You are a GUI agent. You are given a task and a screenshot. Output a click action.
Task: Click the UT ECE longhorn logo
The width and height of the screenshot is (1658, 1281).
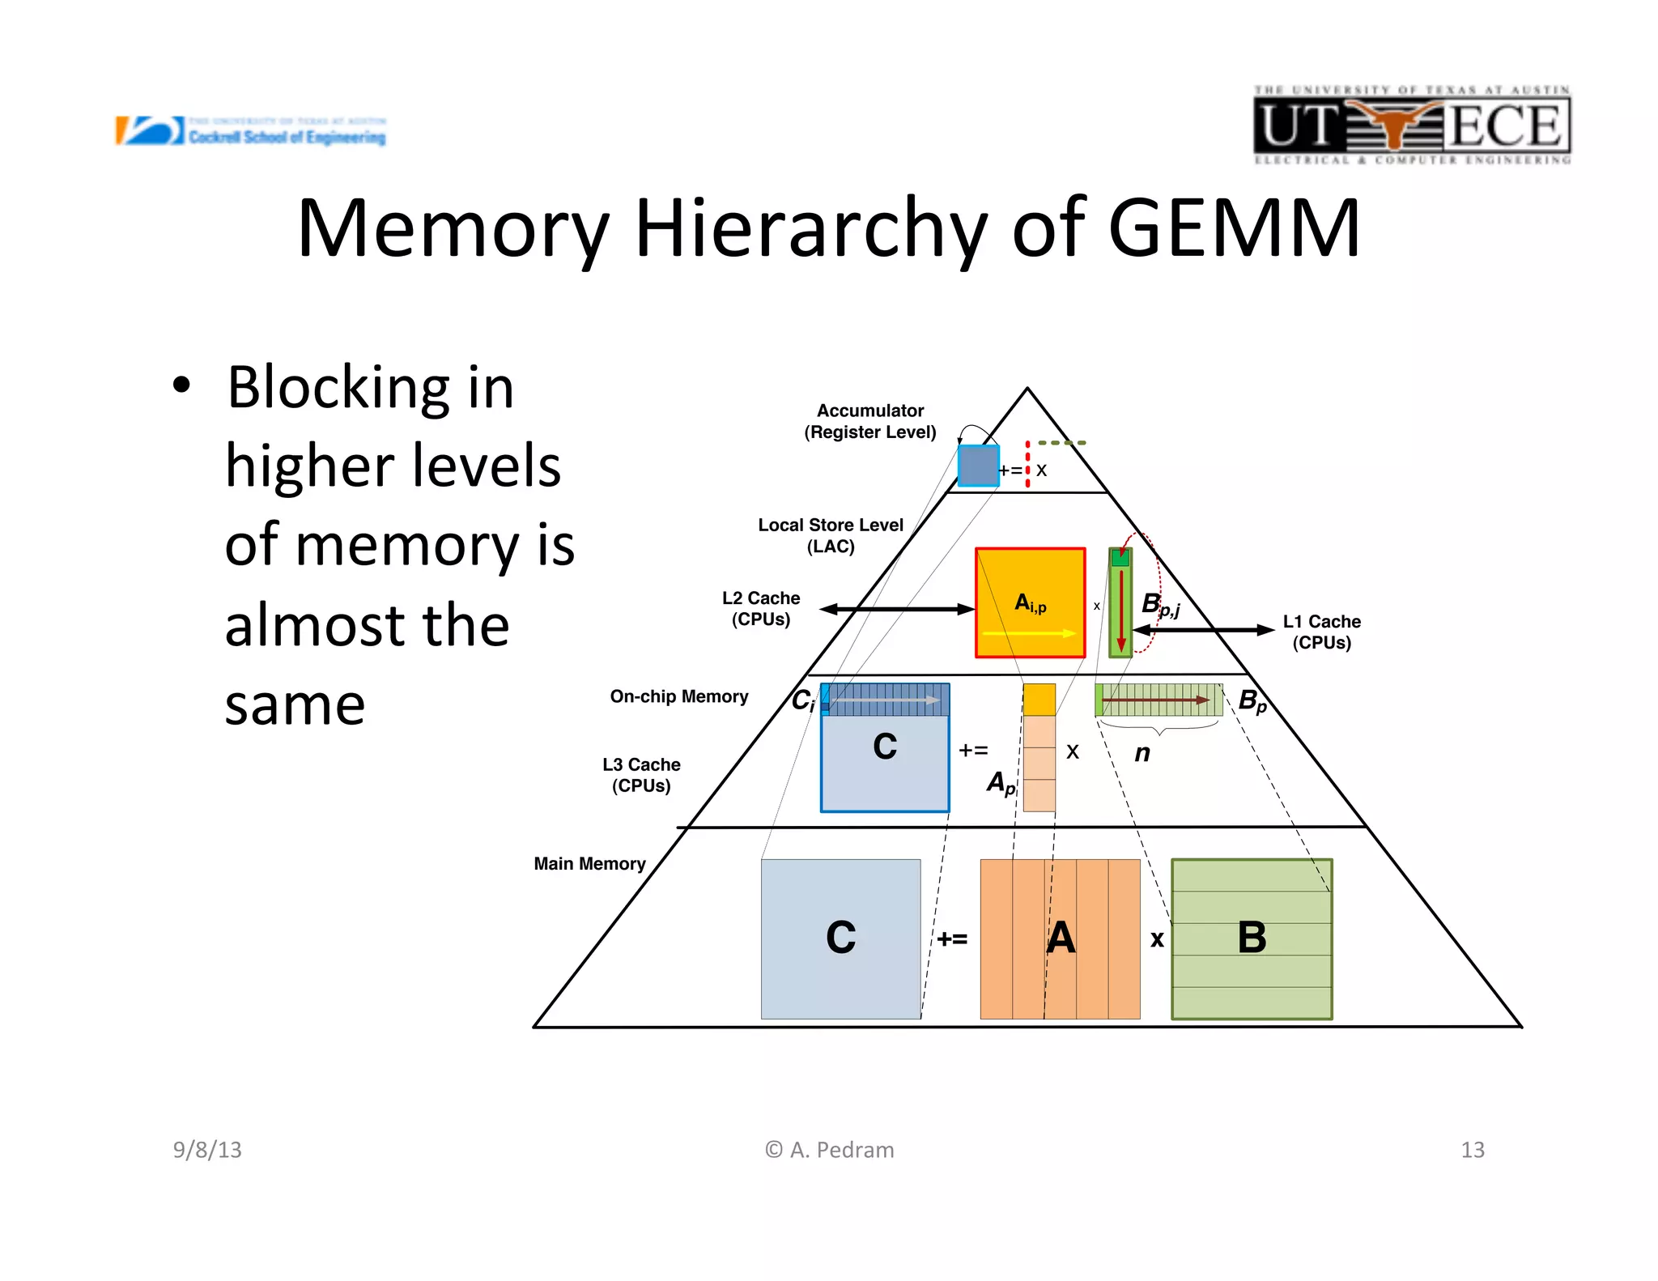coord(1411,126)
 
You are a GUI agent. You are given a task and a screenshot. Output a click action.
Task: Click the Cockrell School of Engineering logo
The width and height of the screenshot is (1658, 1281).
coord(251,131)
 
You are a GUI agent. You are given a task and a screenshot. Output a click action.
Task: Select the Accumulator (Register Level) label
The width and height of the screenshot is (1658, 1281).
coord(869,421)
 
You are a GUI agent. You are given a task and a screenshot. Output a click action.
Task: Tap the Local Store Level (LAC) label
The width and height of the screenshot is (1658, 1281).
coord(830,535)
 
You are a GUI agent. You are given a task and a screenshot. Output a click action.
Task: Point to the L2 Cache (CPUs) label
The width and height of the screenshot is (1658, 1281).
coord(760,608)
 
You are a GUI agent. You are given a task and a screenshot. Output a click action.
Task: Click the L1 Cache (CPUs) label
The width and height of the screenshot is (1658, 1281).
coord(1321,632)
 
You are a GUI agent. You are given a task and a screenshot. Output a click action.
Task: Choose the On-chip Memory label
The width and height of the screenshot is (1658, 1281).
coord(678,696)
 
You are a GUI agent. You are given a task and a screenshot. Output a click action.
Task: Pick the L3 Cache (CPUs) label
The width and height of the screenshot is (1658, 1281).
coord(640,775)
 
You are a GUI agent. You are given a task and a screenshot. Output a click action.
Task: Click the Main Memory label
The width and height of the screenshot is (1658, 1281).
coord(589,863)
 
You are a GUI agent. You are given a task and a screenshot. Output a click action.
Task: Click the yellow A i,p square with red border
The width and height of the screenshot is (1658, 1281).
coord(1030,603)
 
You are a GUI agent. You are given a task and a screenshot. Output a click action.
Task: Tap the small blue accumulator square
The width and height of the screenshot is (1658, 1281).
coord(978,466)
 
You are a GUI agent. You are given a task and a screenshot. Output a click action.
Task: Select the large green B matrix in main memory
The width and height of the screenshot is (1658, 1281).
coord(1252,938)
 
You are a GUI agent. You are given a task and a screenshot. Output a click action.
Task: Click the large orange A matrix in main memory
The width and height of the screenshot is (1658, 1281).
coord(1060,938)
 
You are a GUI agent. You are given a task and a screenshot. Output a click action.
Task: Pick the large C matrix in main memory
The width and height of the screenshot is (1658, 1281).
coord(840,938)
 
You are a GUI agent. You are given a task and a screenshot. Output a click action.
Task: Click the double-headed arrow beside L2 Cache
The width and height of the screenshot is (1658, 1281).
coord(897,609)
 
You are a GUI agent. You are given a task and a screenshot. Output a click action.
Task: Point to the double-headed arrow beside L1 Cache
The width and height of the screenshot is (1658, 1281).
coord(1203,629)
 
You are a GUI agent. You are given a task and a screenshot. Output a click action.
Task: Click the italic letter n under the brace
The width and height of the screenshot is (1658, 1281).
coord(1141,753)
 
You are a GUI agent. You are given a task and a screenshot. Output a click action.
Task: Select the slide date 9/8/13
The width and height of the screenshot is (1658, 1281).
coord(207,1150)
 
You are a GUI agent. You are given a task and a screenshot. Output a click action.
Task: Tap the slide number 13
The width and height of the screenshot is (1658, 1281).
coord(1472,1150)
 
